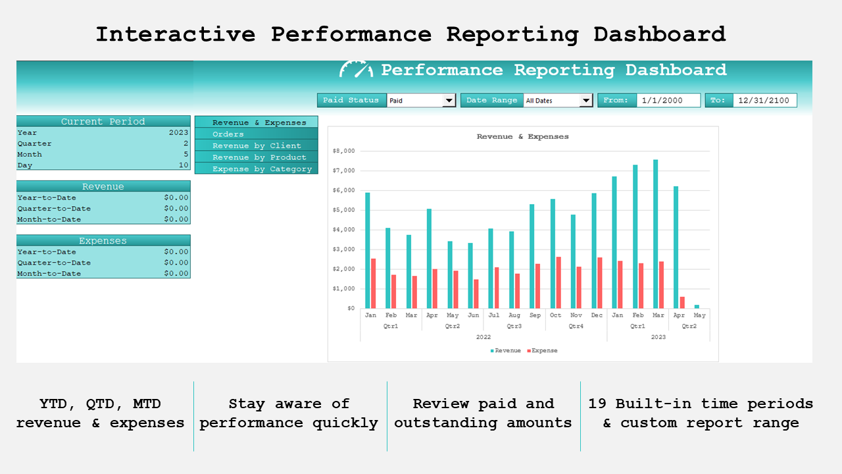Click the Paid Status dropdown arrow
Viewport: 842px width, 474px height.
pyautogui.click(x=449, y=101)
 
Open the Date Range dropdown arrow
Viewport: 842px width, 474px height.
pyautogui.click(x=586, y=101)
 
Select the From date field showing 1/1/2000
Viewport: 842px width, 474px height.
pyautogui.click(x=668, y=101)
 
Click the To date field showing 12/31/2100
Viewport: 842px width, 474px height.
pyautogui.click(x=764, y=101)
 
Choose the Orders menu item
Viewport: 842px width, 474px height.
pyautogui.click(x=257, y=134)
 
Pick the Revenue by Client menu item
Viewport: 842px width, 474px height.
pyautogui.click(x=257, y=145)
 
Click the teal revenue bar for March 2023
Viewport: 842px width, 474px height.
pyautogui.click(x=656, y=234)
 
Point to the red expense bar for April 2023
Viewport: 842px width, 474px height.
pyautogui.click(x=682, y=302)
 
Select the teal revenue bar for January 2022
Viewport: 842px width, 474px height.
pyautogui.click(x=368, y=250)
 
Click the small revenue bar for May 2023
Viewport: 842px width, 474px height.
pyautogui.click(x=697, y=306)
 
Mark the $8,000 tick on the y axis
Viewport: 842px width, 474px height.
pyautogui.click(x=344, y=151)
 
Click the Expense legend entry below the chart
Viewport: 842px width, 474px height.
pyautogui.click(x=543, y=351)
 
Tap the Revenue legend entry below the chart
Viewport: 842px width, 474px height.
pyautogui.click(x=507, y=351)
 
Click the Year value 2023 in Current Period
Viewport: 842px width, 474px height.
pyautogui.click(x=178, y=132)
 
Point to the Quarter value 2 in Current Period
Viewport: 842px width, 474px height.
pyautogui.click(x=186, y=144)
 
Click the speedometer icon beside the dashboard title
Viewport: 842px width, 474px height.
pyautogui.click(x=356, y=69)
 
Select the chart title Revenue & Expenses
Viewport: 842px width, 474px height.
pyautogui.click(x=522, y=137)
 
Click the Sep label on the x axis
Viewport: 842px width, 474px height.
pyautogui.click(x=535, y=315)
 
